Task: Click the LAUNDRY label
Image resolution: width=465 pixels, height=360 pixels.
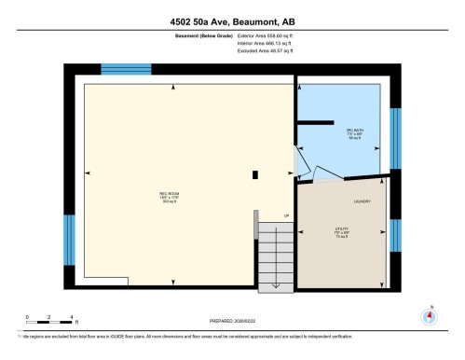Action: click(362, 201)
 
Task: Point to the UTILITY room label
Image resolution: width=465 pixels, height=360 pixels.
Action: click(342, 229)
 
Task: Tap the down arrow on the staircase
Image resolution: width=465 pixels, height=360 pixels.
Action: click(276, 270)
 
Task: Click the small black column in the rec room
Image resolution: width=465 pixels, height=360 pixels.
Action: click(255, 173)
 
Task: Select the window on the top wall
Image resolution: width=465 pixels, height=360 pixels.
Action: click(126, 69)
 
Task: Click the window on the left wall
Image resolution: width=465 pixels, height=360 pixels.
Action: click(69, 240)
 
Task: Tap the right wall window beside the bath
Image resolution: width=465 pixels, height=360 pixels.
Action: click(395, 140)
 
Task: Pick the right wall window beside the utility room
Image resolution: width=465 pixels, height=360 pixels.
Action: click(395, 237)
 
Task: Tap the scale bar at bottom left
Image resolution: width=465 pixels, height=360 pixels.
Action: click(51, 319)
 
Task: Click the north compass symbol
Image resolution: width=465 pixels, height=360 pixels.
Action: click(429, 315)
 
